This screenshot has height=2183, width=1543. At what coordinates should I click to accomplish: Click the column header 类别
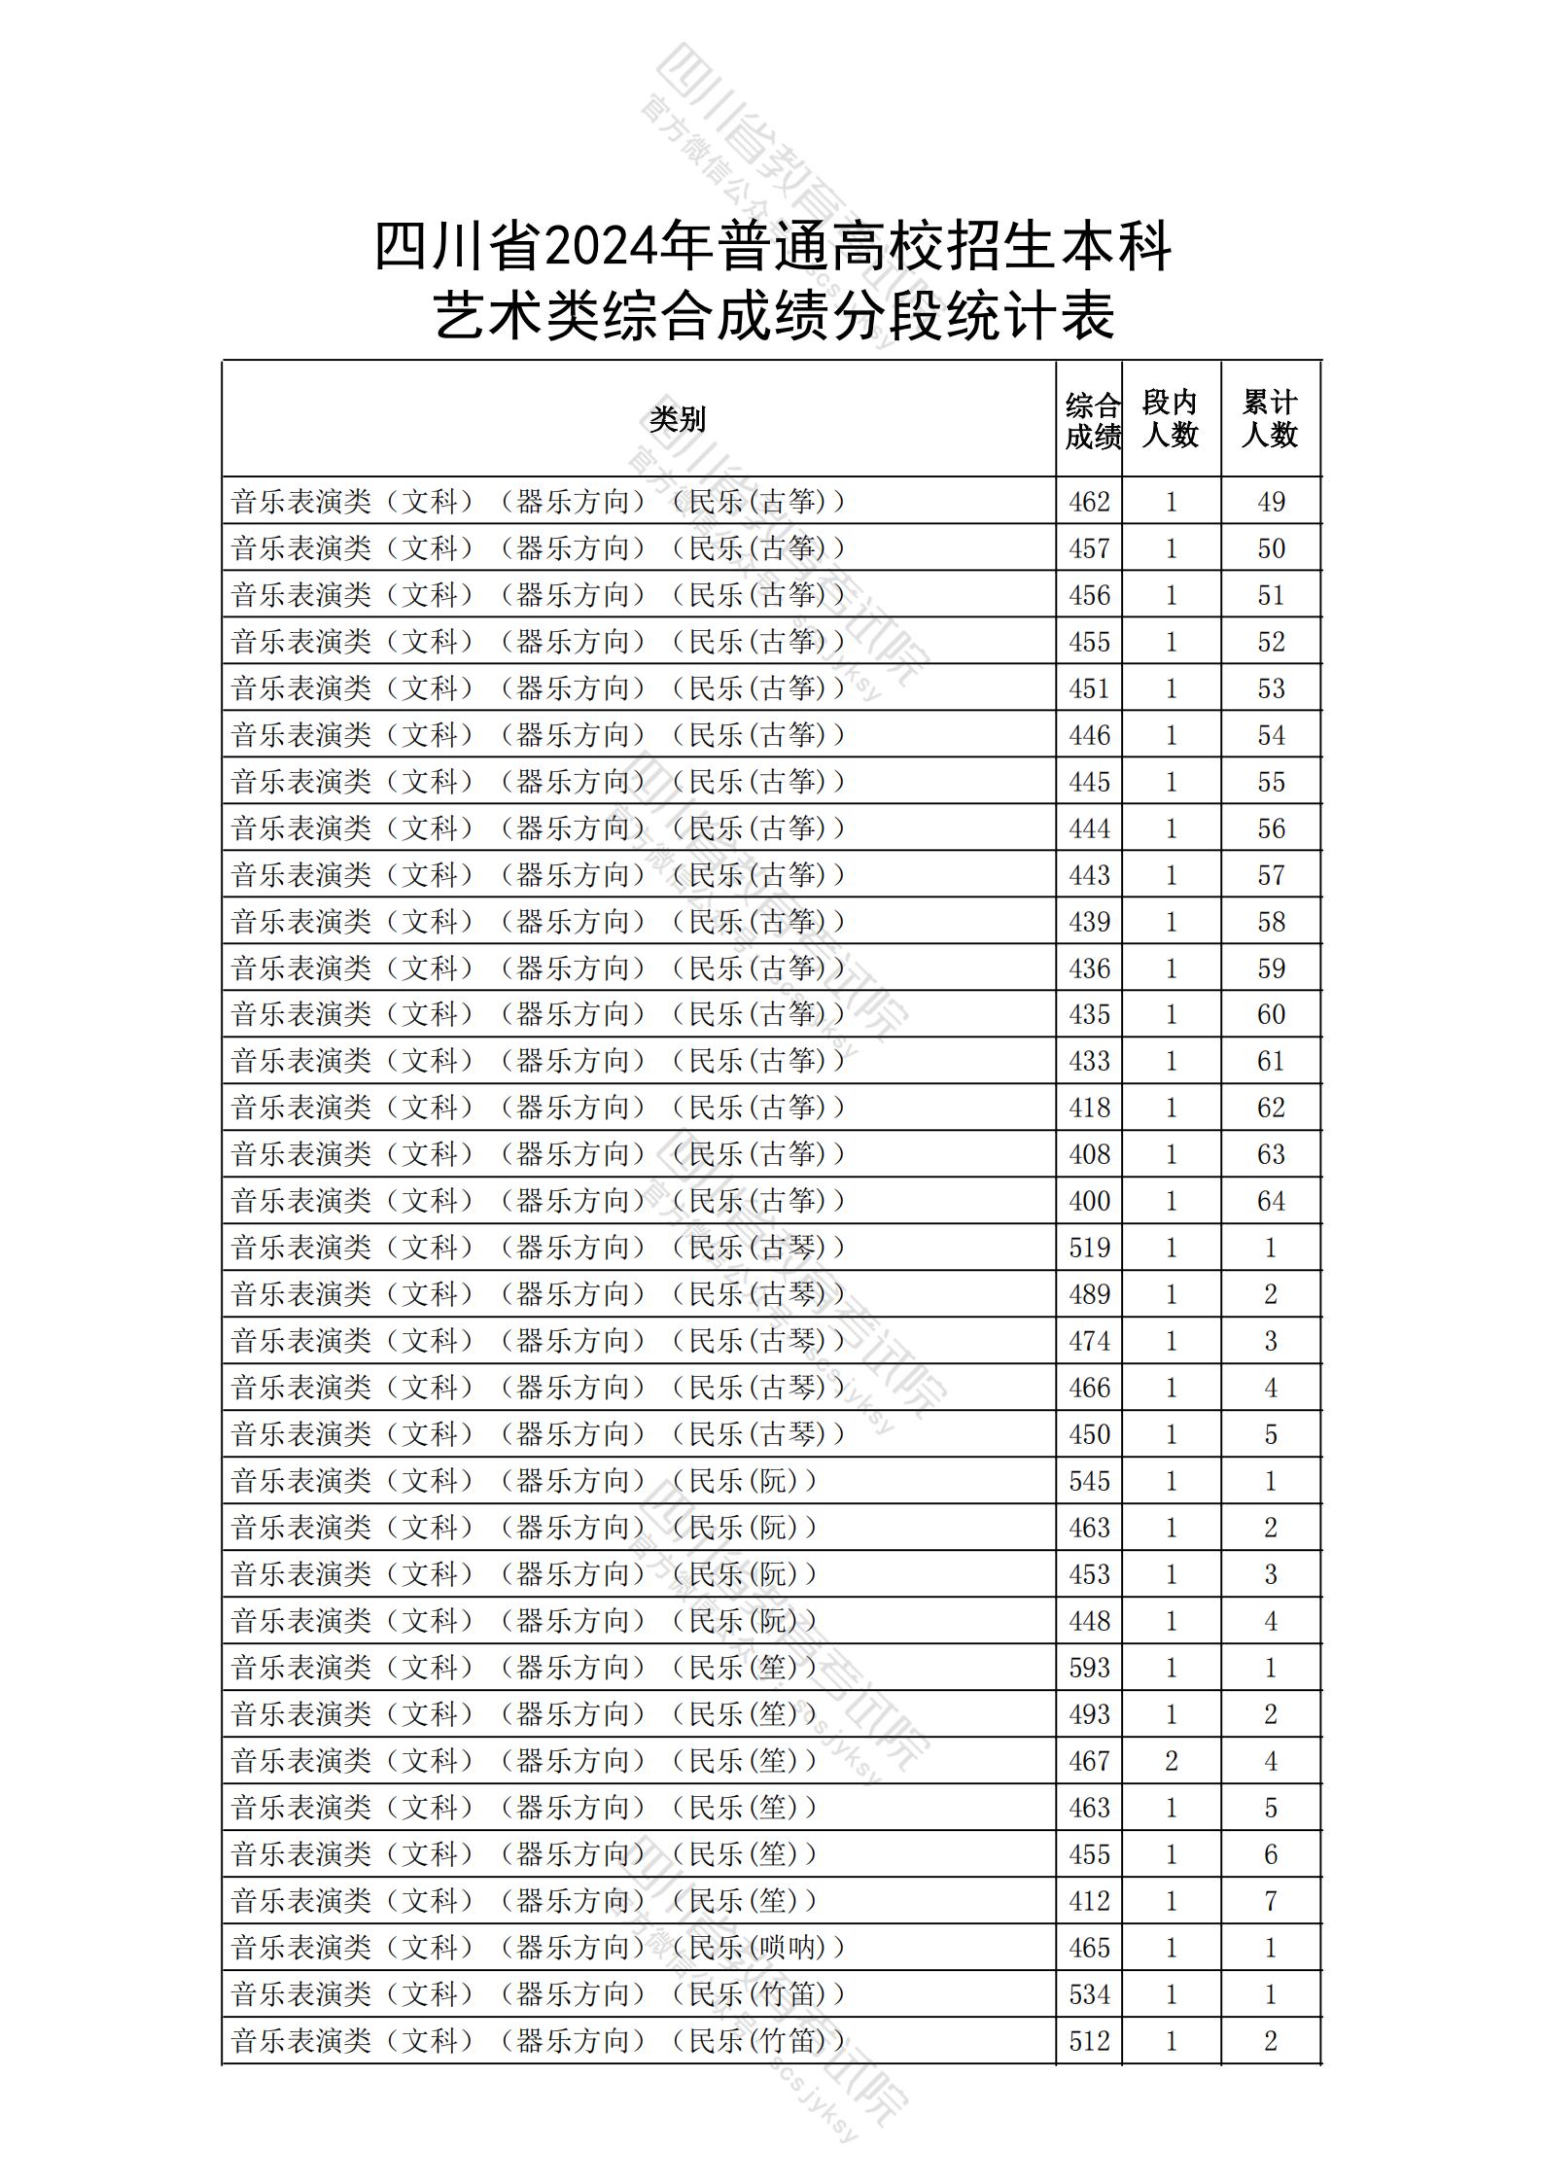pyautogui.click(x=678, y=420)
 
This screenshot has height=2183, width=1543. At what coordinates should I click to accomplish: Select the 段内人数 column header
pyautogui.click(x=1170, y=419)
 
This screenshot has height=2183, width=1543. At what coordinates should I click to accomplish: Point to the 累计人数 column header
pyautogui.click(x=1270, y=419)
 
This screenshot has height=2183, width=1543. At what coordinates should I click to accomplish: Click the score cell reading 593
pyautogui.click(x=1089, y=1668)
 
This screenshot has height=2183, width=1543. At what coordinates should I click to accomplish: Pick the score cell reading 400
pyautogui.click(x=1089, y=1201)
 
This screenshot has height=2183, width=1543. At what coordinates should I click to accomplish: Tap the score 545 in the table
pyautogui.click(x=1089, y=1481)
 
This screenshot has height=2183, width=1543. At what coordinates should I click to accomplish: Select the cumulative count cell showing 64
pyautogui.click(x=1271, y=1201)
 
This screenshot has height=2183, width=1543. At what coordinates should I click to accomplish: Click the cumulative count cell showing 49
pyautogui.click(x=1271, y=502)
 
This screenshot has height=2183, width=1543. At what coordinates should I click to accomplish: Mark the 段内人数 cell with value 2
pyautogui.click(x=1171, y=1761)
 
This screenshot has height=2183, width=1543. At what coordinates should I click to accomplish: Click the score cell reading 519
pyautogui.click(x=1089, y=1248)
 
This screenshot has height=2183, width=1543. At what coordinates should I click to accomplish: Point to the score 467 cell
pyautogui.click(x=1089, y=1761)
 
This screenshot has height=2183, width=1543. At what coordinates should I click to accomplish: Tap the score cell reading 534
pyautogui.click(x=1089, y=1994)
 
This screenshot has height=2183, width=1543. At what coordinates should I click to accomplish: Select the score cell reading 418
pyautogui.click(x=1089, y=1108)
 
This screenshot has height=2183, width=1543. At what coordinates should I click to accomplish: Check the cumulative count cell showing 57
pyautogui.click(x=1271, y=875)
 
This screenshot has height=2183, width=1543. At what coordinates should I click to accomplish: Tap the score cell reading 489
pyautogui.click(x=1089, y=1294)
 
